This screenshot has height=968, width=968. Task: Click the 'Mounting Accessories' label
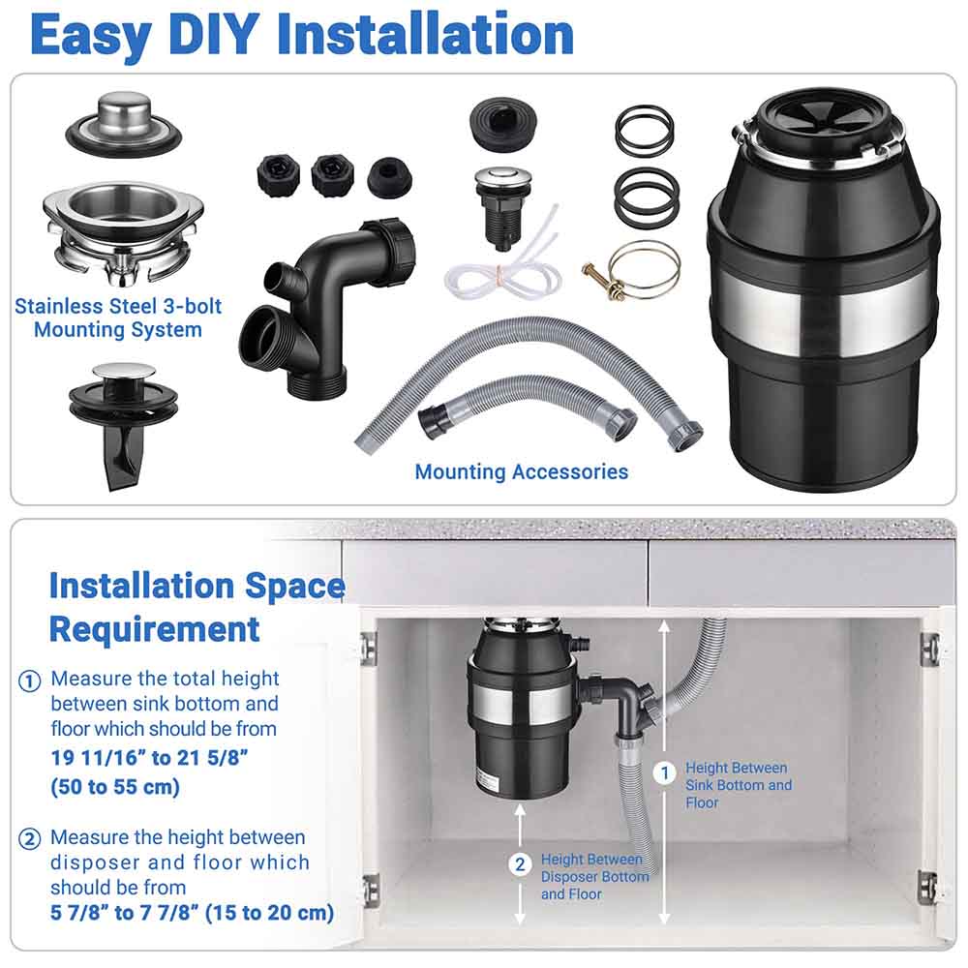(521, 472)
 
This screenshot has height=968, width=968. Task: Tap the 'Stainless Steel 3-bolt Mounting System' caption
(118, 318)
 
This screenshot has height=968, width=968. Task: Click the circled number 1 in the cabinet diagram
(664, 772)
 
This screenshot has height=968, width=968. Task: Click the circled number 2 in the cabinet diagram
(521, 864)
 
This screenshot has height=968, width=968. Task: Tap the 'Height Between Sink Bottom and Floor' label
(738, 785)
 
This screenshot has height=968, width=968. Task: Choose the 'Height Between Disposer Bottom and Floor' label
(594, 877)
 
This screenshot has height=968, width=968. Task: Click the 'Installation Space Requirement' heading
(197, 607)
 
